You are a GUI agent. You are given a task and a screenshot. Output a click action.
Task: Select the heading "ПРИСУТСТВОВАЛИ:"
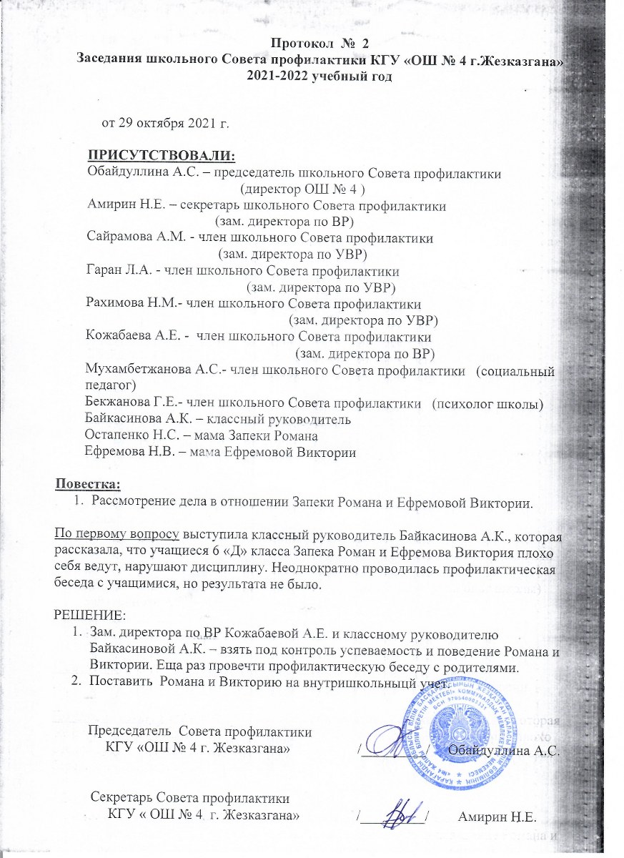[161, 156]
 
